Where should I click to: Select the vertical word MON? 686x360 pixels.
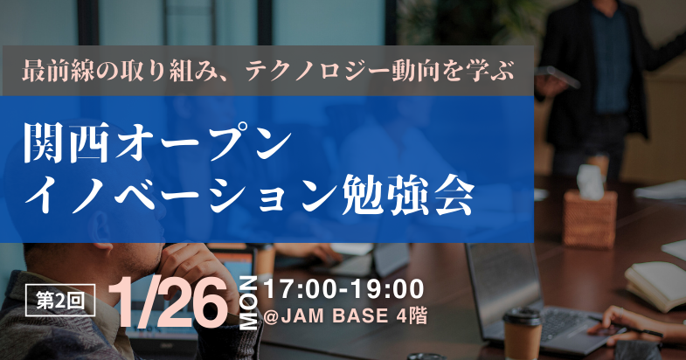[x=249, y=302]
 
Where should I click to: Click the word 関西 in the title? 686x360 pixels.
[x=66, y=144]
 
